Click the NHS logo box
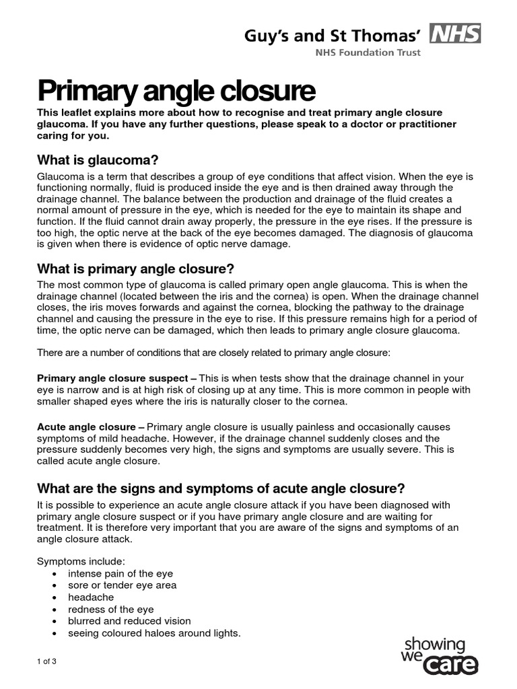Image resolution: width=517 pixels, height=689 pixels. coord(456,33)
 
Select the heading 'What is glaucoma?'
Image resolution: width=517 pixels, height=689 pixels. coord(98,160)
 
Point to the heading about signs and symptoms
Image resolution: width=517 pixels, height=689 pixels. coord(221,488)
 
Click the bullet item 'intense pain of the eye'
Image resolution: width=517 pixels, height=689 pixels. coord(120,573)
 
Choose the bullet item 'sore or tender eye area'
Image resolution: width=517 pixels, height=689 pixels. coord(123,585)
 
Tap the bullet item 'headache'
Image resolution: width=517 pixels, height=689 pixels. coord(91,597)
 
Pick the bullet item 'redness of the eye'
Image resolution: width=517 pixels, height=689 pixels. coord(111,609)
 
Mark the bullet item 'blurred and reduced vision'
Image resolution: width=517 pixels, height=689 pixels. coord(129,621)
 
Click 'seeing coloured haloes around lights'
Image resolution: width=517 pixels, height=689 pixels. coord(154,633)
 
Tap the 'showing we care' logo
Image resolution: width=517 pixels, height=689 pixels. coord(438,655)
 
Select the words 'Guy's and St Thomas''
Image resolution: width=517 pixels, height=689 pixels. coord(333,35)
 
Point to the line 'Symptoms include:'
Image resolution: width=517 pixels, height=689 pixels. coord(81,561)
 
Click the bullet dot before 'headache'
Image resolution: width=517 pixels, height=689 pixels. coord(54,597)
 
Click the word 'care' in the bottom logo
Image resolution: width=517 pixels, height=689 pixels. coord(451,665)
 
